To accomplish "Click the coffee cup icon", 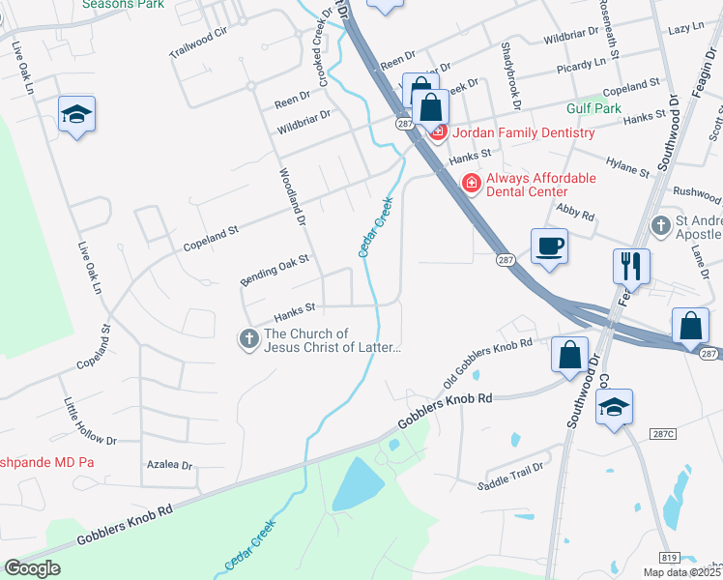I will coord(549,245).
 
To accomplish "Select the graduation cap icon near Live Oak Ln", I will coord(75,115).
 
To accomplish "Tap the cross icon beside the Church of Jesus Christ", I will coord(248,339).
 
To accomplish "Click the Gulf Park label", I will coord(594,109).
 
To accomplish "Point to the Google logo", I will coord(33,568).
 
